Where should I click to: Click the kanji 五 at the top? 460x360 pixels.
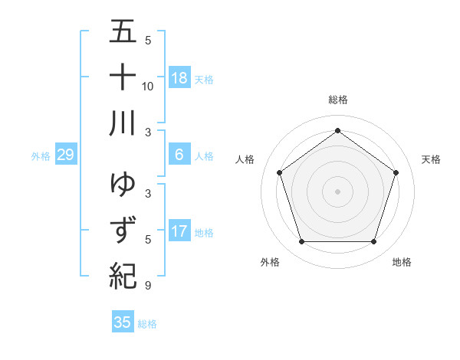click(123, 33)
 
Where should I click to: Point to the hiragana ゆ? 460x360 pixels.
click(123, 185)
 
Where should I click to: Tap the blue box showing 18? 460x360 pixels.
click(179, 78)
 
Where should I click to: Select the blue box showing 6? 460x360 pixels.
click(179, 155)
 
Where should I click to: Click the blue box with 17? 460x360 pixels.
click(179, 231)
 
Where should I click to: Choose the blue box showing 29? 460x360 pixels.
click(65, 155)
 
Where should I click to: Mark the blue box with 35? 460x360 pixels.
click(123, 322)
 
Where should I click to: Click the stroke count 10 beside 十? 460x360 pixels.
click(148, 86)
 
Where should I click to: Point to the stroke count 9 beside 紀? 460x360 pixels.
click(147, 286)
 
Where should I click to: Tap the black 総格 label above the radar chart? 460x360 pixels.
click(337, 100)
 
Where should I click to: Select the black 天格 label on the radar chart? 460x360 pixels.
click(431, 159)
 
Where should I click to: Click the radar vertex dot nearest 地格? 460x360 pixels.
click(373, 242)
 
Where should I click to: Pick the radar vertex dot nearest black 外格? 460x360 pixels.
click(301, 242)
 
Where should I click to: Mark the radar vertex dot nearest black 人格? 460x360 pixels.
click(279, 173)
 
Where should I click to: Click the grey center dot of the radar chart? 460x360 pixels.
click(337, 191)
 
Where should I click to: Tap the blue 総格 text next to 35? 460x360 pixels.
click(147, 324)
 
